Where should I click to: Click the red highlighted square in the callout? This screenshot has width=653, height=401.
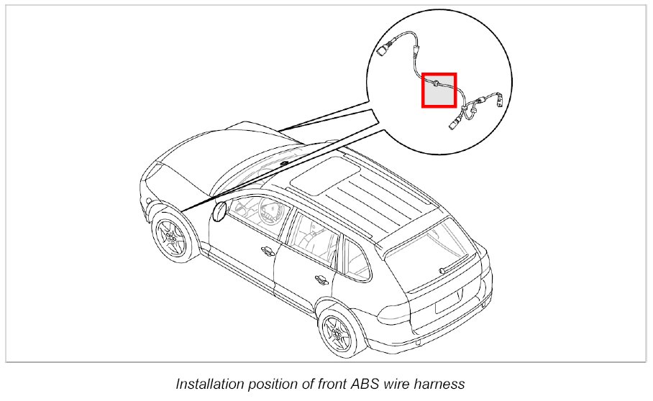point(439,90)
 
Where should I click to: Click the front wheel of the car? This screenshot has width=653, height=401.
point(173,236)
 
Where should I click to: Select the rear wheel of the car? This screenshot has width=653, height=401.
point(337,333)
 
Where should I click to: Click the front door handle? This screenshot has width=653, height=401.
point(267,252)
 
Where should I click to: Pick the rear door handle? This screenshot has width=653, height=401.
point(320,280)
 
